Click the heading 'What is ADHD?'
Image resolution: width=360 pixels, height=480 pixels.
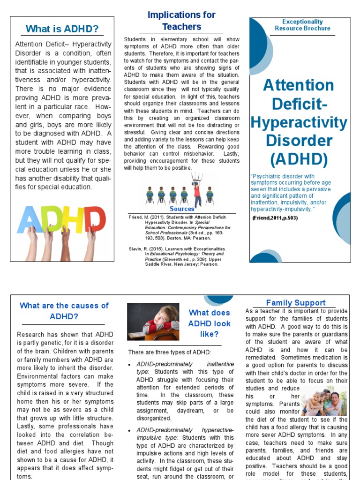pos(62,29)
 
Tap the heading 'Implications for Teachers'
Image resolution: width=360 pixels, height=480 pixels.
pos(181,21)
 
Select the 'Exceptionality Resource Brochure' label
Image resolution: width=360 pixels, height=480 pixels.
pos(302,25)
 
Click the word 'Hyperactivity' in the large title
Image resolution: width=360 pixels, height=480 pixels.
pos(299,123)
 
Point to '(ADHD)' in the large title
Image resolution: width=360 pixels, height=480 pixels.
pos(299,159)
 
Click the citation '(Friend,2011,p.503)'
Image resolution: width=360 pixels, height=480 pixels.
pos(275,218)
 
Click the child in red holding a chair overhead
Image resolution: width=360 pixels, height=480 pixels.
pos(197,189)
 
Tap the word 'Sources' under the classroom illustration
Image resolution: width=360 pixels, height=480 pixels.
pos(182,209)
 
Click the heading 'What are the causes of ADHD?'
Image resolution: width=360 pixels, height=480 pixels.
pos(64,311)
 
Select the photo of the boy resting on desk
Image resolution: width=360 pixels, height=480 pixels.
pos(153,322)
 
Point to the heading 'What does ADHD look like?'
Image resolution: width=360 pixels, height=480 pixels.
pos(209,323)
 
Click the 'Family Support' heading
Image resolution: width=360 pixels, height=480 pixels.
pos(295,303)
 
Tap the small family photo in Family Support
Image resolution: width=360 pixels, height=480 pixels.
pos(324,401)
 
